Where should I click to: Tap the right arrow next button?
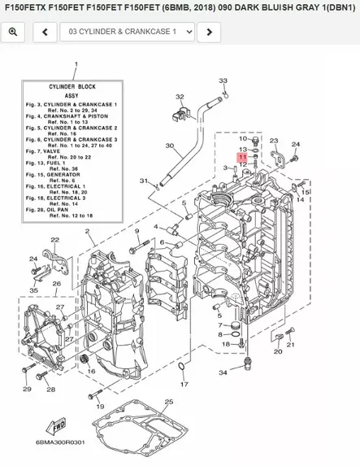210,32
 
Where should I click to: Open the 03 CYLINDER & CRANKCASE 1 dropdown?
130,32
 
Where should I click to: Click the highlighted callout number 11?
242,156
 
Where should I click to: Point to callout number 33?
223,81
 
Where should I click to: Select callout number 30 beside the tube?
169,146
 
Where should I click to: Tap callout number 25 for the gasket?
168,402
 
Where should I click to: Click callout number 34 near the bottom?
223,372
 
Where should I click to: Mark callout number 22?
54,240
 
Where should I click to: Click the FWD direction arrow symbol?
59,425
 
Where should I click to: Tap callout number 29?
26,390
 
